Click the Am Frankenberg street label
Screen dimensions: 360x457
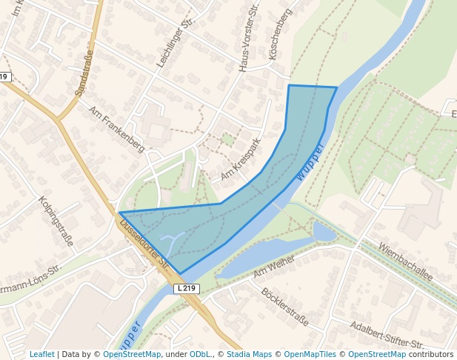116,128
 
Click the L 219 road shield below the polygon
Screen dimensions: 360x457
187,287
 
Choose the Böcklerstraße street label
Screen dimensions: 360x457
284,306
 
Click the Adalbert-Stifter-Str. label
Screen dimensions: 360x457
387,335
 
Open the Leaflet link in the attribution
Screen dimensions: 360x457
41,354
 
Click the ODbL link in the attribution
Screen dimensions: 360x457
201,354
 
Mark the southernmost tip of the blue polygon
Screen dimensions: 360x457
179,273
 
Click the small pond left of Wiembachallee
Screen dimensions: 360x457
323,233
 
